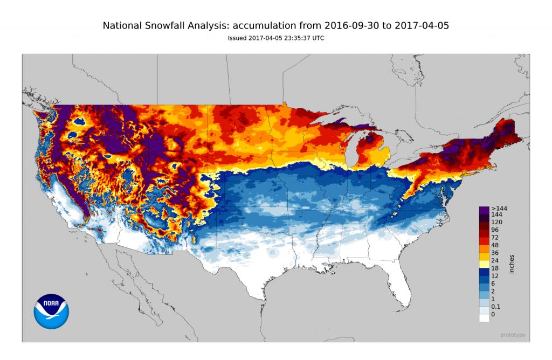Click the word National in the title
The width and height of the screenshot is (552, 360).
click(123, 25)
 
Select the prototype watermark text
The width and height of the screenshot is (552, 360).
click(512, 335)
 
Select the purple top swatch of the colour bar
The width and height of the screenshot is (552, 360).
click(484, 208)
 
